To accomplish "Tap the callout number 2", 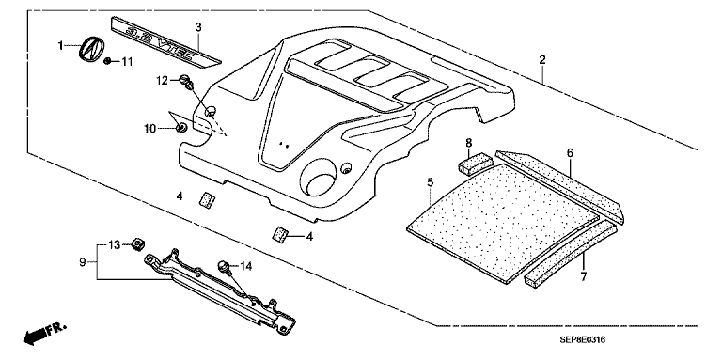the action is [542, 59].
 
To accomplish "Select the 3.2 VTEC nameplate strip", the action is [165, 40].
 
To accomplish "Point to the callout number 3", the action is [198, 27].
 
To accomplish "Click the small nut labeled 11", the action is [107, 61].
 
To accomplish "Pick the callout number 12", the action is [162, 81].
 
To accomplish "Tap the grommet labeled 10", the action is [181, 128].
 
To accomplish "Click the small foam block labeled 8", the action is [475, 164].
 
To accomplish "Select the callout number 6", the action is [570, 153].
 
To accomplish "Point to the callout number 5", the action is [430, 182].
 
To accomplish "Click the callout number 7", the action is [584, 277].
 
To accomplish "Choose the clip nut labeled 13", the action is [137, 244].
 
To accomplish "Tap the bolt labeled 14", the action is [224, 266].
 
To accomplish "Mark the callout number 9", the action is [83, 262].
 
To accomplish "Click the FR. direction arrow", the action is [45, 334].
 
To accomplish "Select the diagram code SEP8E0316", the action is [582, 339].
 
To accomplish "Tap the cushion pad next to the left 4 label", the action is [208, 200].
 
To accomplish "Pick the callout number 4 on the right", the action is [310, 237].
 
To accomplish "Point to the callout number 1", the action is [60, 45].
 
